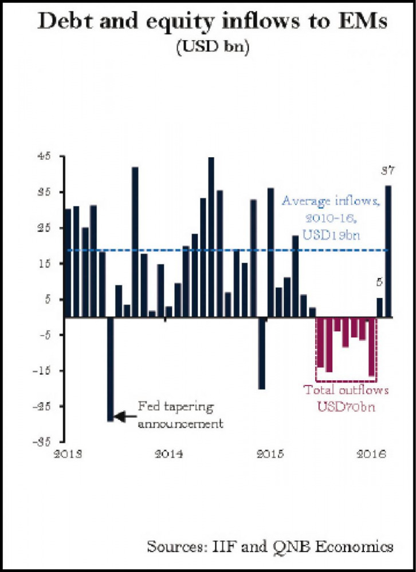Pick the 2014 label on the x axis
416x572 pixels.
(x=168, y=455)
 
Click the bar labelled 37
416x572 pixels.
(x=388, y=251)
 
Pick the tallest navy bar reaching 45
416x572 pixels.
(x=211, y=237)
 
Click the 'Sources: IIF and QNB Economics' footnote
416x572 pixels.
(x=270, y=546)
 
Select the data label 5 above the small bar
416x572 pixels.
(x=379, y=282)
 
